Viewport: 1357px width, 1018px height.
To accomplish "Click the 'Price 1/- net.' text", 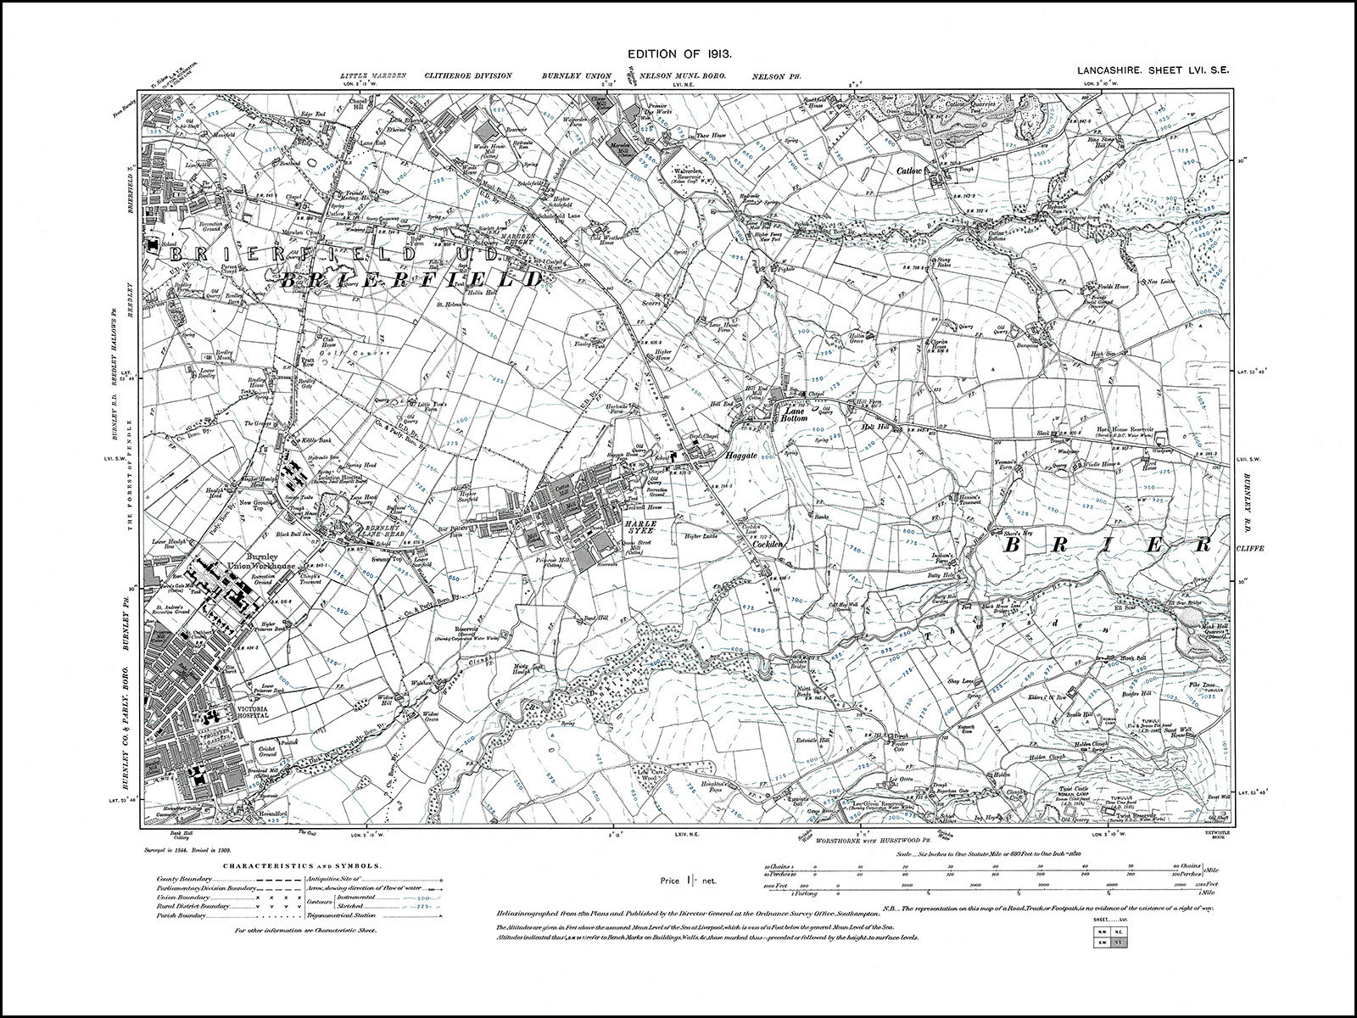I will point(688,881).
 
